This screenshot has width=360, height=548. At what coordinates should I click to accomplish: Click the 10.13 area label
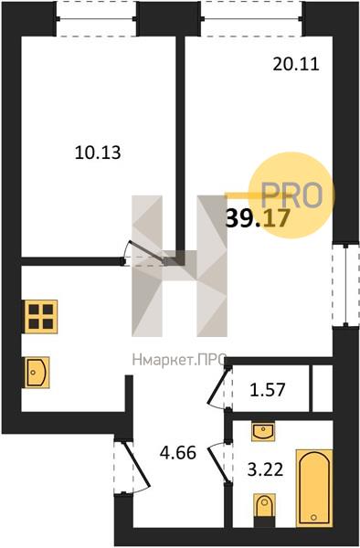tap(98, 153)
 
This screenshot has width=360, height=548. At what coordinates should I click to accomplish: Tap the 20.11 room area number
tap(296, 64)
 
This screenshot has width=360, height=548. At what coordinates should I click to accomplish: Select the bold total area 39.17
tap(258, 218)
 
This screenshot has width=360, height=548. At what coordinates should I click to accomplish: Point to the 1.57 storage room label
tap(268, 389)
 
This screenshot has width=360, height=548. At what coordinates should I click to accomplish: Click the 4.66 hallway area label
tap(178, 453)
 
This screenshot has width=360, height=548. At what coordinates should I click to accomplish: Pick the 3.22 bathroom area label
tap(265, 469)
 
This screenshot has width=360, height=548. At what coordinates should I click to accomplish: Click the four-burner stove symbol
tap(41, 317)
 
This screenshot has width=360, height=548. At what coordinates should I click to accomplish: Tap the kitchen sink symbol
tap(37, 373)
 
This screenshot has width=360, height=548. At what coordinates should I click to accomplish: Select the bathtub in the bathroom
tap(314, 488)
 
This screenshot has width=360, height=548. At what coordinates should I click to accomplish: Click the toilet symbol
tap(265, 508)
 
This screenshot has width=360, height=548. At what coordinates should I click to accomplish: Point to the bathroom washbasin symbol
tap(263, 431)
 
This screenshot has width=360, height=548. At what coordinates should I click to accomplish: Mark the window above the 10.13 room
tap(96, 18)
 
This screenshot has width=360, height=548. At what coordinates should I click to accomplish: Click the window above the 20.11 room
tap(251, 18)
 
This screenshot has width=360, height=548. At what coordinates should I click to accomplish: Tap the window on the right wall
tap(345, 285)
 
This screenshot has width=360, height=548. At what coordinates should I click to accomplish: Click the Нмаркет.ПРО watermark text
tap(179, 360)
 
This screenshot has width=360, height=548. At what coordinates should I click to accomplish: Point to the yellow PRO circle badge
tap(291, 195)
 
